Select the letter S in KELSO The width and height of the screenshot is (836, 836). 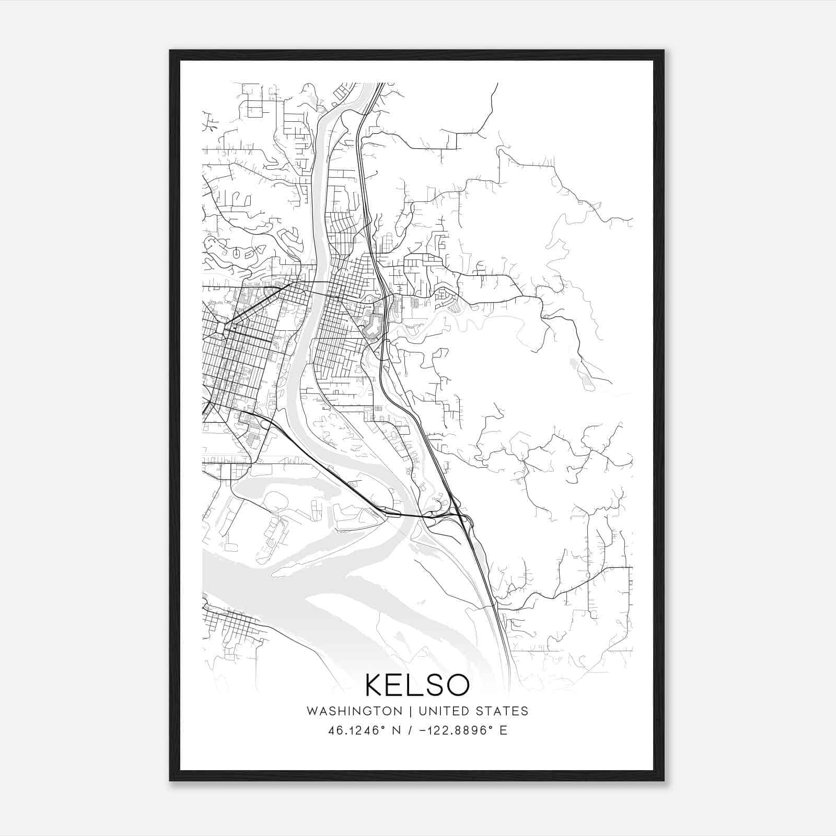pos(428,685)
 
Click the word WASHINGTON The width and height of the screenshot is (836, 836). pos(354,711)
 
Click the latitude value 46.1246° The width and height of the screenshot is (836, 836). pos(356,730)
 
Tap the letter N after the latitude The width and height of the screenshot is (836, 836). pos(397,730)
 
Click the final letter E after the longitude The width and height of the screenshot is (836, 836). pos(504,730)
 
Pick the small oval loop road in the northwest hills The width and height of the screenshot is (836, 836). pos(237,253)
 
